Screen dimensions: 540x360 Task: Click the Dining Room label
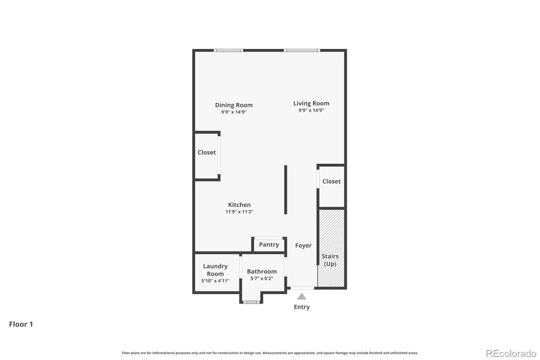coord(234,105)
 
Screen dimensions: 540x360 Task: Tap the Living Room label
coord(311,103)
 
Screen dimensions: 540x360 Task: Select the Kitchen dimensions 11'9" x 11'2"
coord(239,212)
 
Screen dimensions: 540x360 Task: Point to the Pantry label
coord(269,245)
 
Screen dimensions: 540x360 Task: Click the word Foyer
coord(303,246)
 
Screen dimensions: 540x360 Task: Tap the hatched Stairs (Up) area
coord(331,248)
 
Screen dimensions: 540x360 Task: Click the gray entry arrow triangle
coord(302,296)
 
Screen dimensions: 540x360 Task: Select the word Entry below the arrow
coord(302,307)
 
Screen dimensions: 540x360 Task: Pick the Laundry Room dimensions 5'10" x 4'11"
coord(215,281)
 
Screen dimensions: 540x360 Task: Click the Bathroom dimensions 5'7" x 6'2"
coord(262,278)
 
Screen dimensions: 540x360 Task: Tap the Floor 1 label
coord(21,324)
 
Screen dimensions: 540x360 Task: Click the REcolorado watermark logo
coord(511,354)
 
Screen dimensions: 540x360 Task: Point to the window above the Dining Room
coord(228,50)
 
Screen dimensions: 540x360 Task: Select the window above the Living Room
coord(302,50)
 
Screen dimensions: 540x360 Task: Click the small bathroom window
coord(251,302)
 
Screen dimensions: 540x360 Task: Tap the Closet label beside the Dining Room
coord(207,152)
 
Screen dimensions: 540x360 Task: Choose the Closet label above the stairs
coord(331,181)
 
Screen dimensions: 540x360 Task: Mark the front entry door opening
coord(302,288)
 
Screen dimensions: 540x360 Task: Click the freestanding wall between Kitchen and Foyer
coord(286,190)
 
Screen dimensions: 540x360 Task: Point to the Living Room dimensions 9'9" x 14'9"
coord(311,110)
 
